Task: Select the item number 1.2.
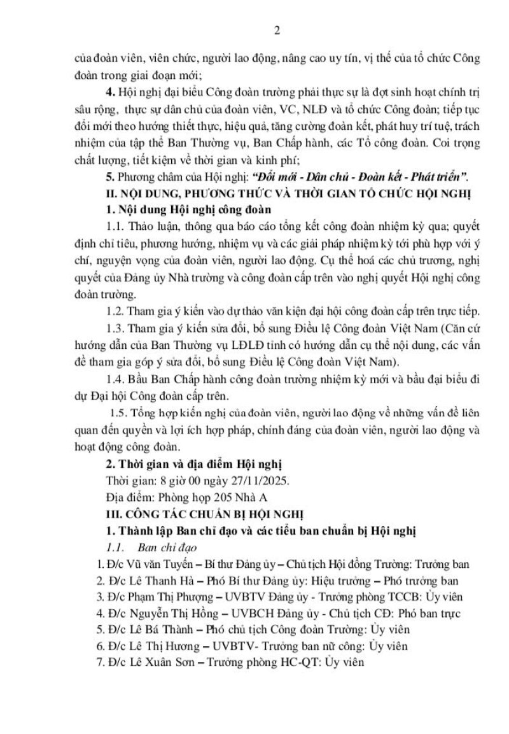tap(115, 328)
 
